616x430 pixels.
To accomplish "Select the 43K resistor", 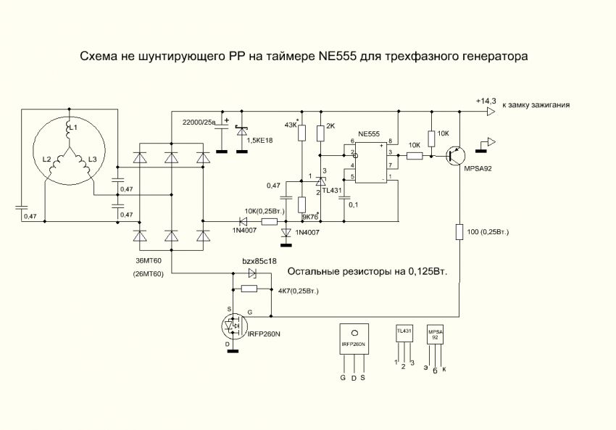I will point(302,133).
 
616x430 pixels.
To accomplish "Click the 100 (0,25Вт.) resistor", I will point(459,232).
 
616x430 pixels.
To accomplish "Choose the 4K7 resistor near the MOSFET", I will point(249,289).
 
